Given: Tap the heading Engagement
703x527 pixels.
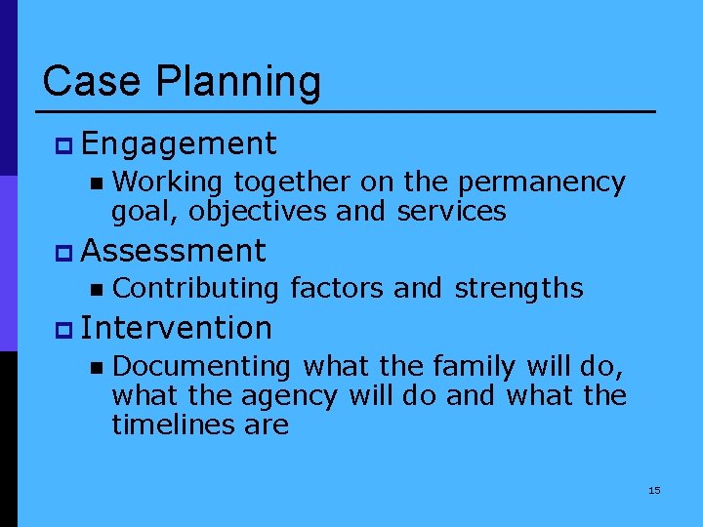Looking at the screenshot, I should [180, 145].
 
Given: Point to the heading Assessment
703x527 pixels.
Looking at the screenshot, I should [174, 251].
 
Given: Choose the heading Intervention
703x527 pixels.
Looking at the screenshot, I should [177, 328].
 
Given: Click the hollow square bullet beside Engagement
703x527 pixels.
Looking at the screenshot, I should [64, 146].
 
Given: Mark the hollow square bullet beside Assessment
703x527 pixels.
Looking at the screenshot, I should [64, 252].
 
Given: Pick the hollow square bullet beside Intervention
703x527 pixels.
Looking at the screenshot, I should [64, 329].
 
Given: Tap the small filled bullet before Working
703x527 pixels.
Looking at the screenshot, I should [95, 182].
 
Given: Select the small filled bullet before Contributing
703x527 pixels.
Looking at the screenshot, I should [95, 289].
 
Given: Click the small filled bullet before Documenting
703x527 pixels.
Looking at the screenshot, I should [95, 367].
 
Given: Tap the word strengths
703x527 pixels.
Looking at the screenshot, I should [518, 289].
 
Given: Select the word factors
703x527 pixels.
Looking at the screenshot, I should [339, 289].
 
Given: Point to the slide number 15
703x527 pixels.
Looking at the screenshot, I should [654, 490].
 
